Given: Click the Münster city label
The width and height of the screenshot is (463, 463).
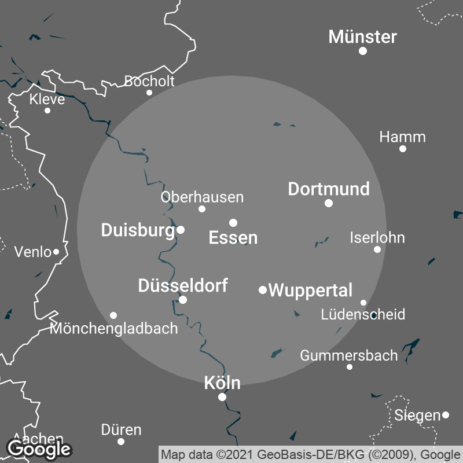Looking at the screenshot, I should [363, 37].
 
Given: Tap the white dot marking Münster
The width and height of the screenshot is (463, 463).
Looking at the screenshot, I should [363, 51].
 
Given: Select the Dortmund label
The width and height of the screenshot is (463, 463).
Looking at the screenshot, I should [329, 189].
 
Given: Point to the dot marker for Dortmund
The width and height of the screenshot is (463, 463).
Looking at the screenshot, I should [329, 203].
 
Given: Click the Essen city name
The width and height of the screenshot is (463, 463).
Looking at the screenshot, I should [233, 237].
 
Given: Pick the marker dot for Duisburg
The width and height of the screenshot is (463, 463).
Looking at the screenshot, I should [181, 230].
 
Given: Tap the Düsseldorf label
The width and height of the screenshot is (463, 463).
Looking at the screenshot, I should [183, 285].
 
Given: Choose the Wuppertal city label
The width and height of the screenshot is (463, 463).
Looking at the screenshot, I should [311, 290].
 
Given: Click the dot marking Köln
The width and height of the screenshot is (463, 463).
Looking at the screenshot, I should [222, 397].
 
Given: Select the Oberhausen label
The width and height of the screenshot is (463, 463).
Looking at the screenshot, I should [202, 197].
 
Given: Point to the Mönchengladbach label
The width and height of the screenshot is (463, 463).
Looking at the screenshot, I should [114, 329].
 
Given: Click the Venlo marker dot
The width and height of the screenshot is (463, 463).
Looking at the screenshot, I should [56, 252].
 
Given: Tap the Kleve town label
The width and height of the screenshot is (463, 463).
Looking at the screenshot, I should [47, 100].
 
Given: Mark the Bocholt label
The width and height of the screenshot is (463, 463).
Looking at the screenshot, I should [149, 81].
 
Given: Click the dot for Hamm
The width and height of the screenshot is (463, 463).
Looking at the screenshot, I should [403, 149].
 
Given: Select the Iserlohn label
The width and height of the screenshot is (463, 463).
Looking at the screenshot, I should [377, 237].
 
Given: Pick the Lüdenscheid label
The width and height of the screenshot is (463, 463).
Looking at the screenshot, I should [363, 314].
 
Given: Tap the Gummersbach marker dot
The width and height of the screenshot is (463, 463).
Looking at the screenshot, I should [350, 367].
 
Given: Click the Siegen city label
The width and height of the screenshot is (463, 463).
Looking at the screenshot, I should [417, 415].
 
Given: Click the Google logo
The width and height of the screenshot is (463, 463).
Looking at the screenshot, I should [39, 449].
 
